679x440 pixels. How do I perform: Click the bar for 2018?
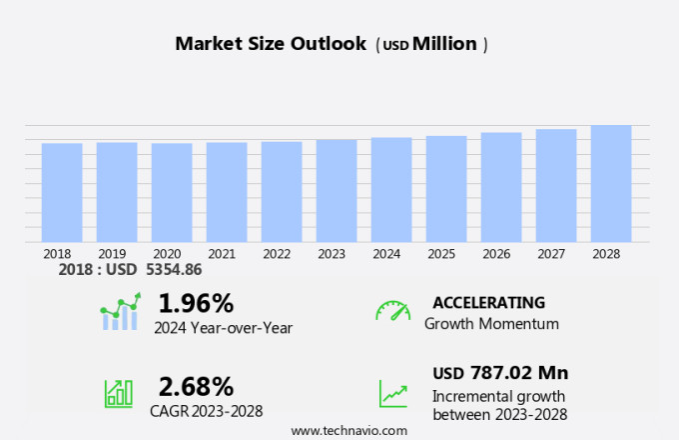click(x=62, y=192)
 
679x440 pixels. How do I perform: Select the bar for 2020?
click(x=172, y=192)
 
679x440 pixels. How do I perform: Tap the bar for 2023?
click(x=337, y=190)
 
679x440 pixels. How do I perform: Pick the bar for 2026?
click(x=501, y=187)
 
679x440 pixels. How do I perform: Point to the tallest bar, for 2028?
click(x=611, y=183)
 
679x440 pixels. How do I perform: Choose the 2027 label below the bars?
click(x=556, y=254)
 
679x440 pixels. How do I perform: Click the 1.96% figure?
click(x=196, y=303)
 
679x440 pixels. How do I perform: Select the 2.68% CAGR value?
click(x=196, y=386)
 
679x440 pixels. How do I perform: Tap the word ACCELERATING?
click(x=489, y=303)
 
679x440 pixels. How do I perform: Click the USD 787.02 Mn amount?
click(x=500, y=373)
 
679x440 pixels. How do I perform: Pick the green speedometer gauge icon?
click(x=392, y=311)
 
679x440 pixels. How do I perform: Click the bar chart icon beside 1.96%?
click(x=120, y=312)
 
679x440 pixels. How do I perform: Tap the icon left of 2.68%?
click(x=119, y=393)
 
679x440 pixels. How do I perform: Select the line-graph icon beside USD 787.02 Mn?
click(x=392, y=393)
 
